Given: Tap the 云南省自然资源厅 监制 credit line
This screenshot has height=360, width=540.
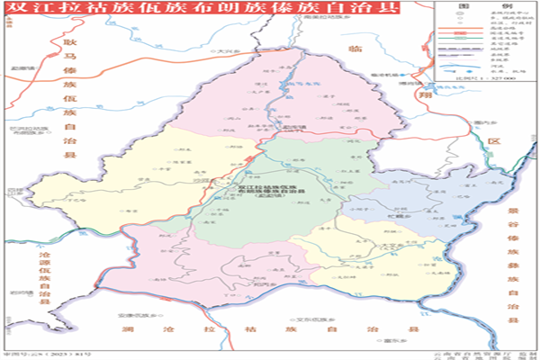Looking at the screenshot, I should point(486,352).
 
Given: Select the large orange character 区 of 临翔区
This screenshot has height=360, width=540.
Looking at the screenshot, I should point(493,142).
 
